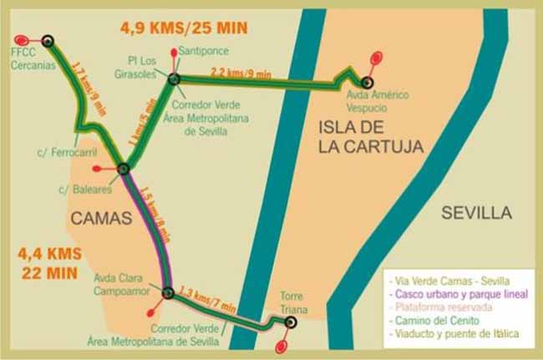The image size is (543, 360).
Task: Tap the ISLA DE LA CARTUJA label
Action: click(x=370, y=136)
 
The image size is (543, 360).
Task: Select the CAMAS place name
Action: click(x=102, y=219)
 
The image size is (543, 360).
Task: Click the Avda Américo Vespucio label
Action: click(x=377, y=101)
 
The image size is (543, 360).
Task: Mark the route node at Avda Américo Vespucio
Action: click(x=366, y=82)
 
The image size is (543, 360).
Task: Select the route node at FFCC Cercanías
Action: click(x=48, y=41)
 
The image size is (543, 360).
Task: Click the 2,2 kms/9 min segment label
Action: click(x=241, y=73)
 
